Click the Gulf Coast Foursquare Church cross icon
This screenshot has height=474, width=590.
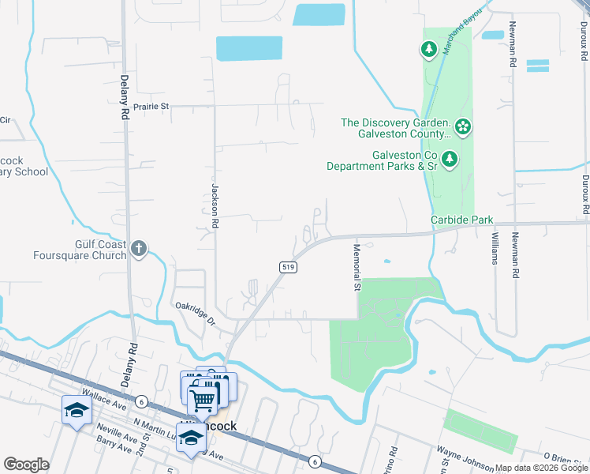[139, 249]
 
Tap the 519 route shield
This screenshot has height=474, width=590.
[287, 269]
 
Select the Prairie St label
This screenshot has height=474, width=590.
[151, 106]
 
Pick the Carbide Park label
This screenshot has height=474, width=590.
[461, 219]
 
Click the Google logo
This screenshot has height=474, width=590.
[26, 465]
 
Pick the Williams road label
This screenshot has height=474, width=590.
[495, 247]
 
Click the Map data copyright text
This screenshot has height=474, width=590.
[542, 468]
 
